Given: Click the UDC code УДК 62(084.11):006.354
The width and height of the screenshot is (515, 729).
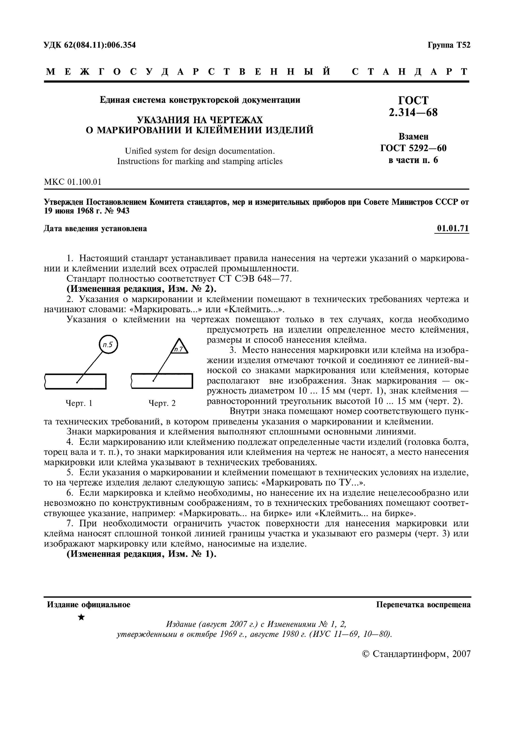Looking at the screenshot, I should click(90, 45).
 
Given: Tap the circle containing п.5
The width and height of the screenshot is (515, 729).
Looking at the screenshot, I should click(108, 345).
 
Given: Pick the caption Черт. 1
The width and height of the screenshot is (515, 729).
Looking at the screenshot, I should click(79, 404).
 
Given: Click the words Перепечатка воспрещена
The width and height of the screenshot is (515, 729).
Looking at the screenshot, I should click(423, 605).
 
